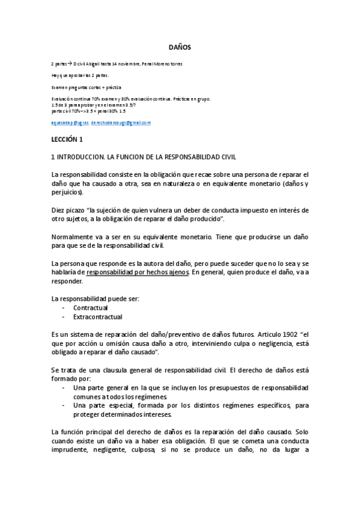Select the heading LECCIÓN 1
67,140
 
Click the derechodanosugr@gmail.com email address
120,123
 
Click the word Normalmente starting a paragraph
73,236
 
